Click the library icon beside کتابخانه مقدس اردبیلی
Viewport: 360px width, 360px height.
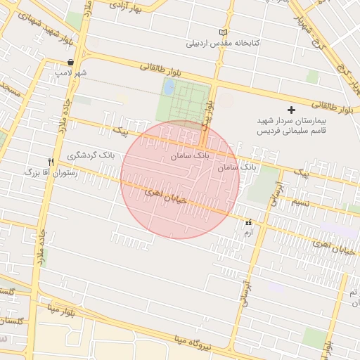click(x=224, y=32)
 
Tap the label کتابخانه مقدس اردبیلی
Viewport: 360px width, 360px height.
click(x=223, y=43)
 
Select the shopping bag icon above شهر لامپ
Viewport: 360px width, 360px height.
click(x=72, y=62)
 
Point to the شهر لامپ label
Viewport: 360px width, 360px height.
click(x=72, y=72)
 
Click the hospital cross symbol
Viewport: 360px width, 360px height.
click(x=292, y=110)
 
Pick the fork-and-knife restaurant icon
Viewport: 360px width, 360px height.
click(x=51, y=161)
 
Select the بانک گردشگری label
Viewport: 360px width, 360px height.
click(x=91, y=154)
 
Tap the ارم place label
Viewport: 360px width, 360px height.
click(x=247, y=231)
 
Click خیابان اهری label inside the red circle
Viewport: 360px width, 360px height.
click(x=166, y=196)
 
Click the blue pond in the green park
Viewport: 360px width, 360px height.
click(x=169, y=87)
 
